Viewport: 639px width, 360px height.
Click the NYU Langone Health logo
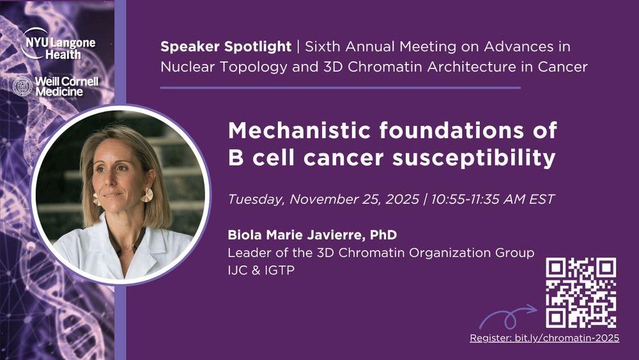58,44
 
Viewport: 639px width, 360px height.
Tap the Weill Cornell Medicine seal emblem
22,86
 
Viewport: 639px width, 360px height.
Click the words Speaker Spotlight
226,47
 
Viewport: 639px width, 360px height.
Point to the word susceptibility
474,158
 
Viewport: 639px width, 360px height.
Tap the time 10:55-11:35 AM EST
493,199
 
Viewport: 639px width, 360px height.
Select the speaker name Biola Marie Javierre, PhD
312,235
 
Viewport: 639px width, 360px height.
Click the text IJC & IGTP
261,270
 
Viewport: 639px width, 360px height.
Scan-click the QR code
581,293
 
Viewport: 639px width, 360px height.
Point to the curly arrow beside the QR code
508,317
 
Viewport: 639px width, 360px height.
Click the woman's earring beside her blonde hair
147,195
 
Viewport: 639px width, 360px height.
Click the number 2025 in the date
402,199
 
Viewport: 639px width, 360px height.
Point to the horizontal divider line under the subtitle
341,88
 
